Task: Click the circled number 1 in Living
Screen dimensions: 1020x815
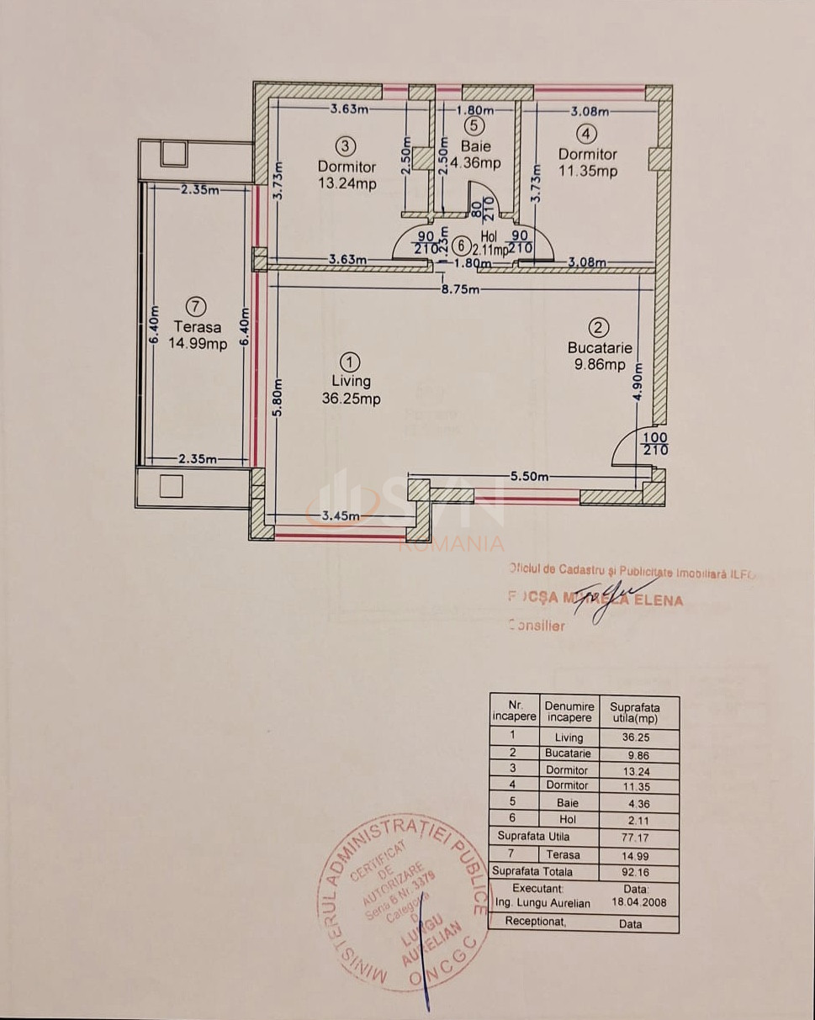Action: (x=352, y=362)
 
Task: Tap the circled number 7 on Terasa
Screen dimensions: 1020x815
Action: (x=195, y=307)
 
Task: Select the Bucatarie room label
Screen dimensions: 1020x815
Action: (x=599, y=347)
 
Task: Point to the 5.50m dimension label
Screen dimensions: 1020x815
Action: (x=529, y=477)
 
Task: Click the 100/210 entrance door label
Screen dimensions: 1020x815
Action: (x=655, y=444)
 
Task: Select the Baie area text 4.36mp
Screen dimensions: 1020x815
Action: (x=475, y=163)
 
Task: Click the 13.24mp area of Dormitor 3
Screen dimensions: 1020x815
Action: (x=347, y=184)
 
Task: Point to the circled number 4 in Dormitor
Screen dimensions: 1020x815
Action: (x=586, y=133)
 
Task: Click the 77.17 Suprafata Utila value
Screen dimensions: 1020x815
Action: (x=637, y=837)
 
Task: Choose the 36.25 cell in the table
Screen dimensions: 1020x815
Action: (x=637, y=737)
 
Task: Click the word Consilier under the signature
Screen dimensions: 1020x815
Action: (x=537, y=625)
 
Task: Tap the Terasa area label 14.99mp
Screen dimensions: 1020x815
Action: (x=197, y=343)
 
